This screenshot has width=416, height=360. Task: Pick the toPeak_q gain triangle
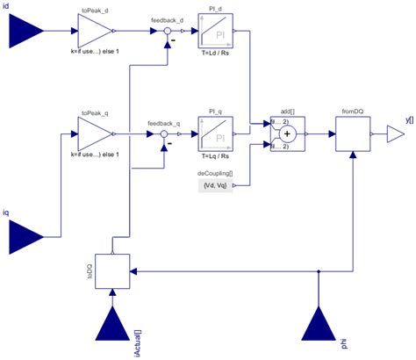click(96, 133)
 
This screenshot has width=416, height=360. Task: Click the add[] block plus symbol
click(284, 133)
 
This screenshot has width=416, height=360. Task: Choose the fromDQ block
click(354, 133)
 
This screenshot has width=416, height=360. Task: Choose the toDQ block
click(113, 271)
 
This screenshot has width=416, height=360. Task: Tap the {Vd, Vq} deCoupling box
click(215, 185)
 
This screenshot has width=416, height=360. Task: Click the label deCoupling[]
click(215, 173)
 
